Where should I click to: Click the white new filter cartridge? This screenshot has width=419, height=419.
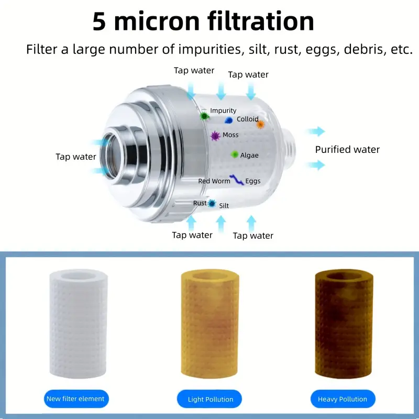(78, 323)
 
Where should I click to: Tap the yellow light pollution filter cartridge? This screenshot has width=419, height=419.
(210, 323)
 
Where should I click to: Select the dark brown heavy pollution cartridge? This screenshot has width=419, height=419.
(344, 323)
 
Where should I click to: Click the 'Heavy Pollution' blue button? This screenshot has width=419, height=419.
(343, 399)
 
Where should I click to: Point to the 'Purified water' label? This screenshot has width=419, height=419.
(347, 150)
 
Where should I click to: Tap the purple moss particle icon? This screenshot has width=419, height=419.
(215, 136)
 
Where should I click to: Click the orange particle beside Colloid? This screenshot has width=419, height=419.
(260, 125)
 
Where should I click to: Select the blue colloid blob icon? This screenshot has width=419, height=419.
(228, 120)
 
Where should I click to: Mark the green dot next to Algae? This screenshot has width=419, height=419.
(234, 154)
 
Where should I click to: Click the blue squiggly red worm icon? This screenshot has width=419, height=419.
(237, 180)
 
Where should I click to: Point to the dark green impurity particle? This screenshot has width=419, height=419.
(204, 116)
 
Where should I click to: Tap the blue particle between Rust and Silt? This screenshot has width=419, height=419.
(212, 204)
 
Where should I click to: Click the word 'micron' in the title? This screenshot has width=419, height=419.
(157, 21)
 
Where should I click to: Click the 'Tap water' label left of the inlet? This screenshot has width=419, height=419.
(75, 157)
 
